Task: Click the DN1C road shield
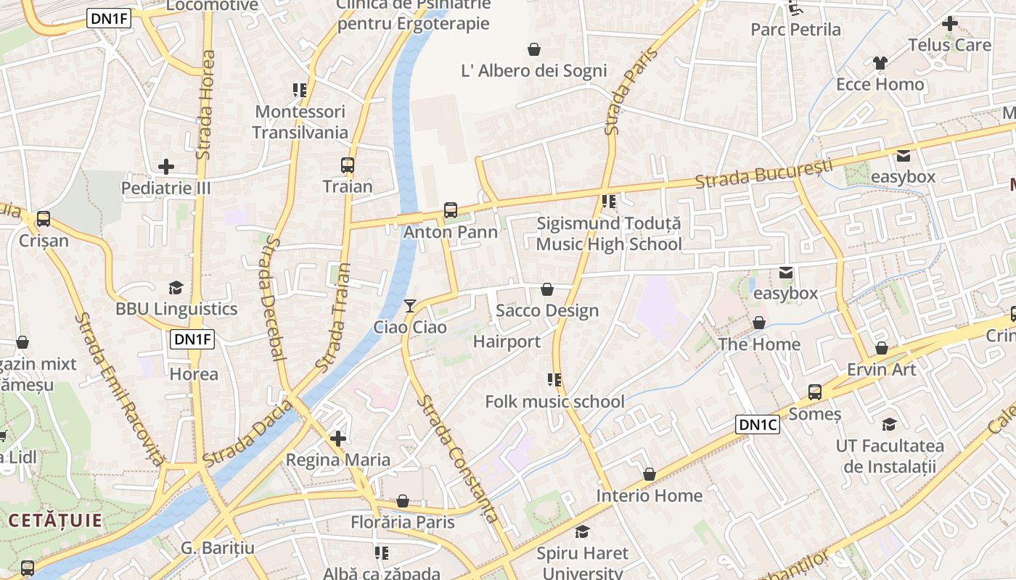pyautogui.click(x=758, y=425)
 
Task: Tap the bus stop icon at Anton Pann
pyautogui.click(x=451, y=210)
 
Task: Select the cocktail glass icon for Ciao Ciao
pyautogui.click(x=410, y=305)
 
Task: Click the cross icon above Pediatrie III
pyautogui.click(x=166, y=167)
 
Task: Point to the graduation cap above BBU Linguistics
pyautogui.click(x=176, y=288)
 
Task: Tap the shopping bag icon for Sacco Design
pyautogui.click(x=547, y=289)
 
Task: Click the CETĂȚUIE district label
pyautogui.click(x=55, y=520)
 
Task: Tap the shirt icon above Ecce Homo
pyautogui.click(x=880, y=63)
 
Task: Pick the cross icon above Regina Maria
pyautogui.click(x=337, y=439)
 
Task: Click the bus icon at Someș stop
pyautogui.click(x=815, y=392)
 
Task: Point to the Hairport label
pyautogui.click(x=507, y=341)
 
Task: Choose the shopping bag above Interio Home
pyautogui.click(x=649, y=474)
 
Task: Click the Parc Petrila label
pyautogui.click(x=795, y=30)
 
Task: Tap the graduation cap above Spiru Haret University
pyautogui.click(x=582, y=532)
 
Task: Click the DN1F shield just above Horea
pyautogui.click(x=192, y=339)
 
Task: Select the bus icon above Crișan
pyautogui.click(x=44, y=219)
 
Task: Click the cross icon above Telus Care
pyautogui.click(x=949, y=23)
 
